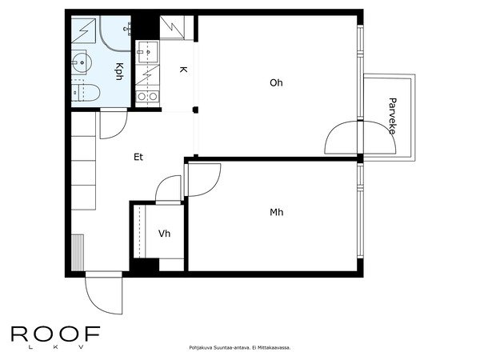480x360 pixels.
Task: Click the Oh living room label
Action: pyautogui.click(x=276, y=82)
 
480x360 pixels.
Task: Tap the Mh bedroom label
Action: pyautogui.click(x=277, y=212)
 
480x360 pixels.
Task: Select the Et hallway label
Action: pyautogui.click(x=138, y=157)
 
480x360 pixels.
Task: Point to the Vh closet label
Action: pyautogui.click(x=164, y=234)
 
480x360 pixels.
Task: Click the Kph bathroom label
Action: pyautogui.click(x=119, y=71)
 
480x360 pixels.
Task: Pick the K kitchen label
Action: pyautogui.click(x=183, y=70)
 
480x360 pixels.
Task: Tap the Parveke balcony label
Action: pyautogui.click(x=392, y=116)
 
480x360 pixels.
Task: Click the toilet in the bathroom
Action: pyautogui.click(x=86, y=92)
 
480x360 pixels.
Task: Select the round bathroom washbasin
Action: pyautogui.click(x=82, y=62)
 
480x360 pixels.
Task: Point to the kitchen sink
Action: pyautogui.click(x=147, y=52)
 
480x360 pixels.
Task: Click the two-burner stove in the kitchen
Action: pyautogui.click(x=147, y=97)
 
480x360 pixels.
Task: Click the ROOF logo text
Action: pyautogui.click(x=56, y=334)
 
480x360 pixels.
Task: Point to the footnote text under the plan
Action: pyautogui.click(x=240, y=348)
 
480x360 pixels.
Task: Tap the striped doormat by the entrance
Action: pyautogui.click(x=78, y=253)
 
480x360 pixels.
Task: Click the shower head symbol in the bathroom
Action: pyautogui.click(x=126, y=30)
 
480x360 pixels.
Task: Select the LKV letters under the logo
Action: pyautogui.click(x=56, y=347)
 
